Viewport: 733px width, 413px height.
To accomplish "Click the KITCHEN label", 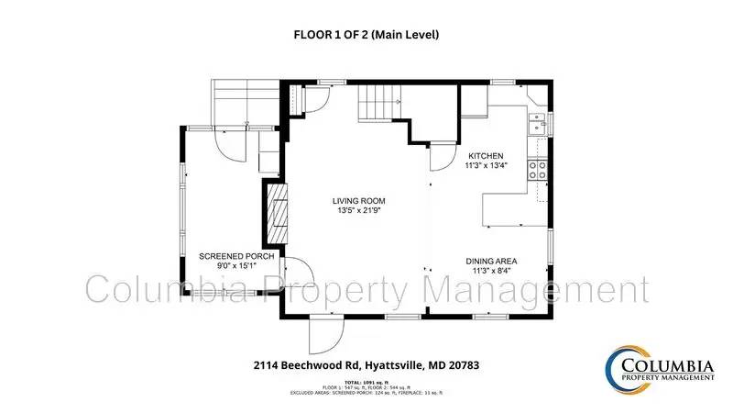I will [x=487, y=156].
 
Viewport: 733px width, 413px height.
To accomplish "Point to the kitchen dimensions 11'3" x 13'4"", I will [x=487, y=166].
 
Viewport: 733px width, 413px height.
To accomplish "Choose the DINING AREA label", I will [x=493, y=261].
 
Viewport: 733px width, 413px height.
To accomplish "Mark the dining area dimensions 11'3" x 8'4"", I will [x=493, y=271].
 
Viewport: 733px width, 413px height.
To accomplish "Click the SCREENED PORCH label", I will [x=236, y=256].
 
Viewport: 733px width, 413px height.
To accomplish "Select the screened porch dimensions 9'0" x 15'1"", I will [x=236, y=266].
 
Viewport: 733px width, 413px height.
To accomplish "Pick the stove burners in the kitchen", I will [x=537, y=168].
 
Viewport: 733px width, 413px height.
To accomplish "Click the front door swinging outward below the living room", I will [x=325, y=335].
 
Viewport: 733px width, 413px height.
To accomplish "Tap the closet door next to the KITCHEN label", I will [x=443, y=154].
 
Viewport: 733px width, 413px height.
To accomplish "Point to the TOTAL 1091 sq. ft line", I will [x=366, y=381].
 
